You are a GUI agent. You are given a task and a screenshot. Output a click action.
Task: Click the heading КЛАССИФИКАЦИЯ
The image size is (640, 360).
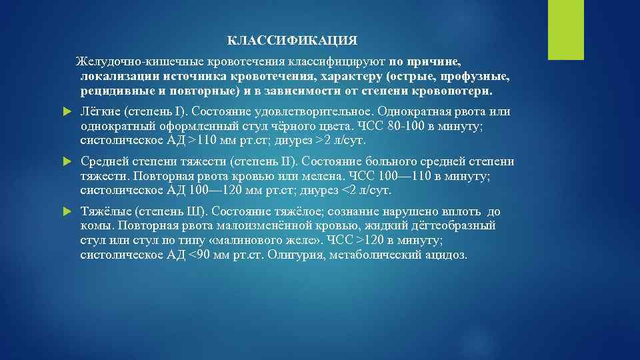292,41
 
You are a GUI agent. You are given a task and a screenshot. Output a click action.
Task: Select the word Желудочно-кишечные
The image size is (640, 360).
130,61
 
